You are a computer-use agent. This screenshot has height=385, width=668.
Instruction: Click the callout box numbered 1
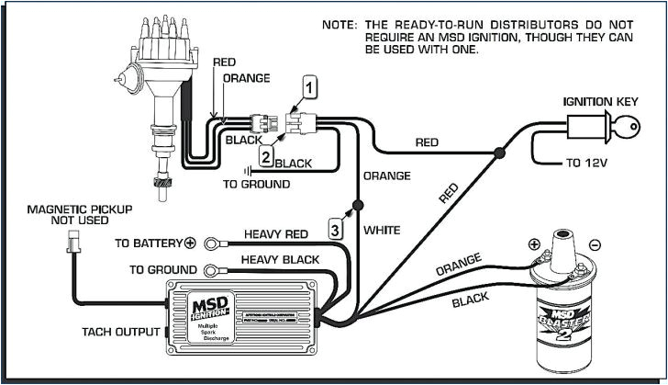pos(311,88)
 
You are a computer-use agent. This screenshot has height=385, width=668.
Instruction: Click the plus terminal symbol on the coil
pos(533,244)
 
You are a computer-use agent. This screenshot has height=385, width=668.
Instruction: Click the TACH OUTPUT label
pos(120,331)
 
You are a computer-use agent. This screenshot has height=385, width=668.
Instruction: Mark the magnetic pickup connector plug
pos(72,243)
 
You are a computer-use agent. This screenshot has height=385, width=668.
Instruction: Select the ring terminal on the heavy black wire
pos(213,269)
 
